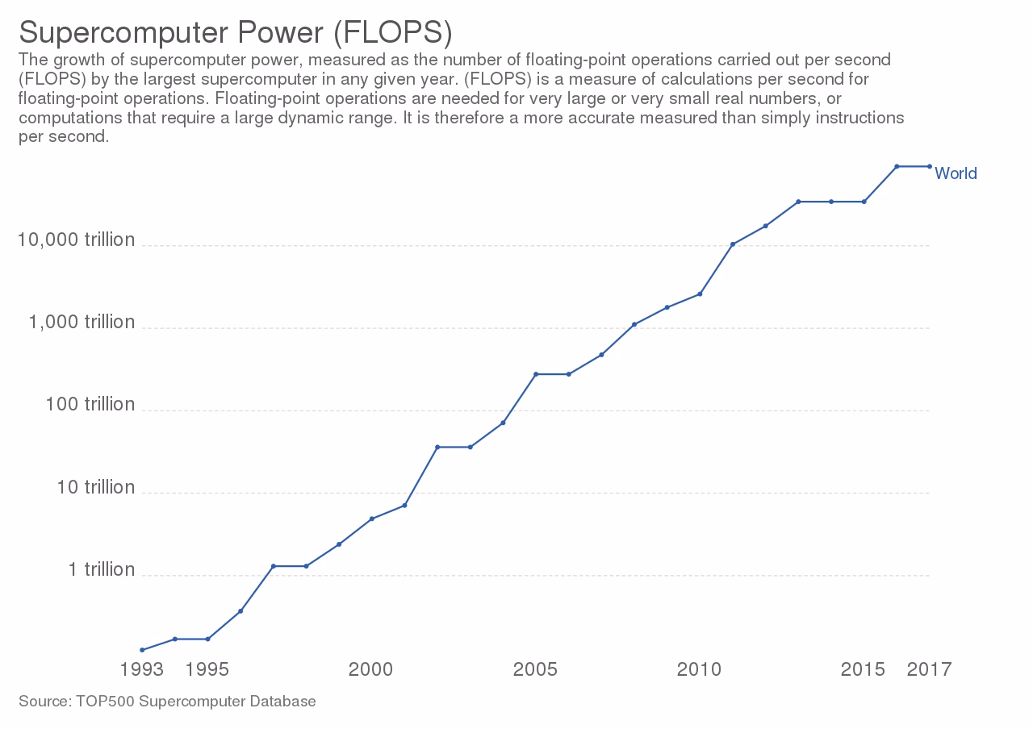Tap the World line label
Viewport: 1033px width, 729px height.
click(x=956, y=173)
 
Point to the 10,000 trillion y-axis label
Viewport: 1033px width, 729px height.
click(x=77, y=240)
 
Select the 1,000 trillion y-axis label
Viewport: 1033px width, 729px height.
click(x=82, y=322)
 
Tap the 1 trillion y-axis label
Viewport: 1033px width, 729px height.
click(x=101, y=569)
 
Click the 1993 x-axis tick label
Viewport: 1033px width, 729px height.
click(x=142, y=669)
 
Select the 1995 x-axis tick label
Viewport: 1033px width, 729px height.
click(x=207, y=669)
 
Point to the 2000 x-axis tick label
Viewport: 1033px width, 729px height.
click(x=371, y=669)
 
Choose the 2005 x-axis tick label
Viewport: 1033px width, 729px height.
click(x=536, y=669)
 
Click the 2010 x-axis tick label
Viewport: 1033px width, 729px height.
click(x=700, y=669)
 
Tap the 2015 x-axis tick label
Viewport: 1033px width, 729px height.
click(x=864, y=669)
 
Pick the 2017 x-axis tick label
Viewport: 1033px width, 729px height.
click(x=930, y=669)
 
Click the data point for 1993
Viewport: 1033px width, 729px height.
click(x=142, y=650)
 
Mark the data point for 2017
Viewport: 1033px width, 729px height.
click(x=930, y=166)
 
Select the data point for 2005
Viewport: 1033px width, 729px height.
click(x=536, y=374)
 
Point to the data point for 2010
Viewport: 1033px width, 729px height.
click(x=700, y=294)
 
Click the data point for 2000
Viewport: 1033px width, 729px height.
click(x=371, y=519)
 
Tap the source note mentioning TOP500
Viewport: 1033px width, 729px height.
click(x=167, y=702)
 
